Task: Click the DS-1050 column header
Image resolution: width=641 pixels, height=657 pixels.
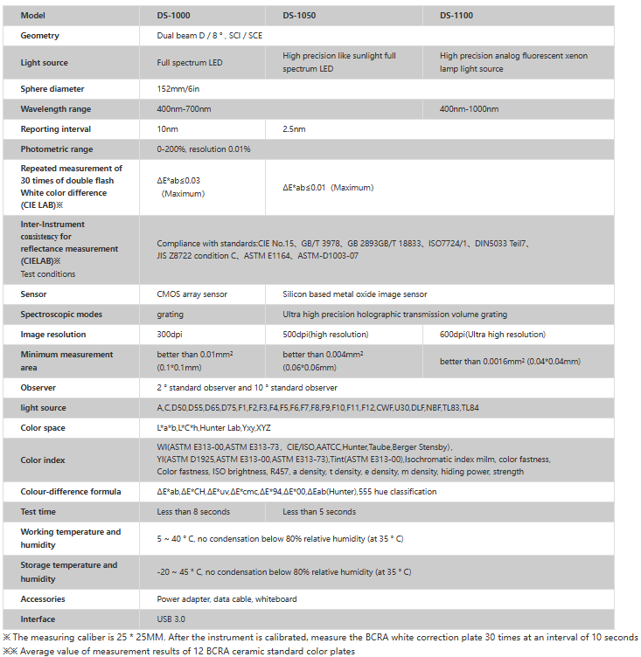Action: pyautogui.click(x=300, y=16)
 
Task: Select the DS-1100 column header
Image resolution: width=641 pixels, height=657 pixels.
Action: pyautogui.click(x=456, y=16)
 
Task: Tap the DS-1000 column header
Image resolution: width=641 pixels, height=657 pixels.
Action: pyautogui.click(x=173, y=16)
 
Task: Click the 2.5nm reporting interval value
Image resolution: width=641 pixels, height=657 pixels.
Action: pyautogui.click(x=294, y=129)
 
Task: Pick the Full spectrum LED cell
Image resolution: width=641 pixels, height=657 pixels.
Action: pyautogui.click(x=190, y=63)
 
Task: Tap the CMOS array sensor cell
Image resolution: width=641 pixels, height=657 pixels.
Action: pyautogui.click(x=192, y=294)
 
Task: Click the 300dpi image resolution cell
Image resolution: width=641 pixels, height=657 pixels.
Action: pyautogui.click(x=171, y=335)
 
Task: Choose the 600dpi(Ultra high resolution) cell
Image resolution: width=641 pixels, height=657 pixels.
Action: pyautogui.click(x=492, y=335)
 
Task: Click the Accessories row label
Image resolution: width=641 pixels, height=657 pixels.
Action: pyautogui.click(x=45, y=599)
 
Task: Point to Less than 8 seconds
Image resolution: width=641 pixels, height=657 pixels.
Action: pyautogui.click(x=193, y=512)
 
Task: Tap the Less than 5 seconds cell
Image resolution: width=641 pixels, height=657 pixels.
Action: pyautogui.click(x=319, y=512)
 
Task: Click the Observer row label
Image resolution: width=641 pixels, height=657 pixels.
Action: pyautogui.click(x=38, y=388)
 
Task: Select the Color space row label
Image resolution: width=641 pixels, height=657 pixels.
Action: pyautogui.click(x=43, y=428)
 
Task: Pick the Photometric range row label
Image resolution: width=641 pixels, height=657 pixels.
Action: pyautogui.click(x=57, y=149)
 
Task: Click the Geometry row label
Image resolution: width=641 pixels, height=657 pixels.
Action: pyautogui.click(x=40, y=36)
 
